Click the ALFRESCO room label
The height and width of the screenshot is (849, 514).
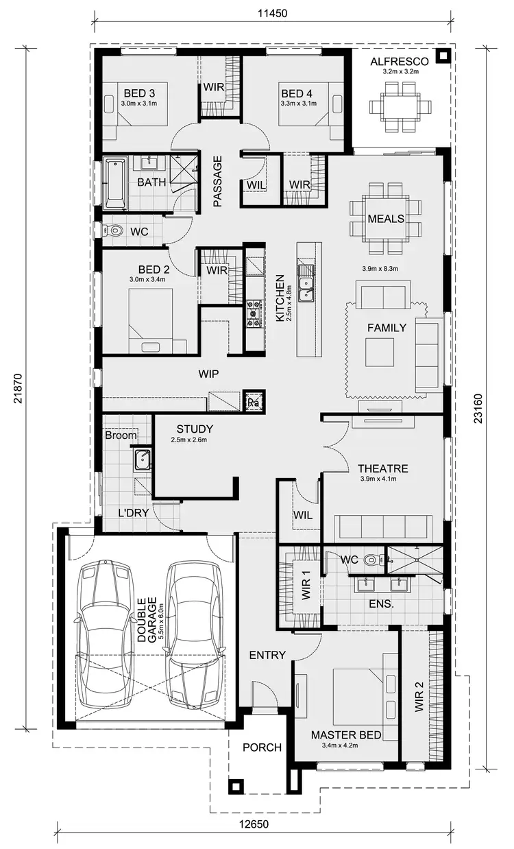pos(400,62)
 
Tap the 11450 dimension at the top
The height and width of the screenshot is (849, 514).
pos(271,13)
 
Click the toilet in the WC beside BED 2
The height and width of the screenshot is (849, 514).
pos(113,232)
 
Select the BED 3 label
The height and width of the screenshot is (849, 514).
pos(139,93)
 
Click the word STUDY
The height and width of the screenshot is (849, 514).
pos(194,429)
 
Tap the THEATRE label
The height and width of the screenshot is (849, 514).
pos(382,469)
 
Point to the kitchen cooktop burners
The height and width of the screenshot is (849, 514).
pos(254,312)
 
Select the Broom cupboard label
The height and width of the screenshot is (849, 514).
pos(121,435)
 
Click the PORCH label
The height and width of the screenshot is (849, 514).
pos(262,747)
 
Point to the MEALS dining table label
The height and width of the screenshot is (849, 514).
pos(385,219)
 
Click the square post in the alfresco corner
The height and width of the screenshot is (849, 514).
pos(443,56)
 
